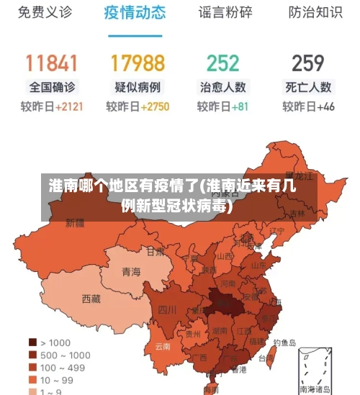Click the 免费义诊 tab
45,13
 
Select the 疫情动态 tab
135,13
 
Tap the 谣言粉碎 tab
225,13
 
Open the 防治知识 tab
315,13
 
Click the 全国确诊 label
52,87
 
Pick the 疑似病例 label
138,87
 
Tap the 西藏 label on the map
91,298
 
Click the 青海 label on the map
131,271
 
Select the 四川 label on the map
167,310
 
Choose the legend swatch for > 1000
32,342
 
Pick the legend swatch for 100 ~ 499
32,367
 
